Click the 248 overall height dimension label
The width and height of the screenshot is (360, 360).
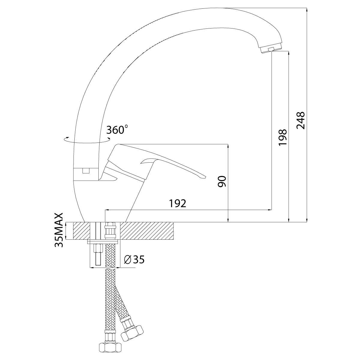(301, 120)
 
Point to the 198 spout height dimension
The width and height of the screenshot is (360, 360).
(282, 137)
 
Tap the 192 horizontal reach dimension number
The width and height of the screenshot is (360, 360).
(178, 203)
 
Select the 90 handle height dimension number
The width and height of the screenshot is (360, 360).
(222, 181)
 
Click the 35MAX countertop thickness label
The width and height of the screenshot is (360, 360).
(59, 230)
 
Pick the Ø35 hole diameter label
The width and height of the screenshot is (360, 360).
(134, 259)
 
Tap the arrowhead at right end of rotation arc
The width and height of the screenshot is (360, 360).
(109, 139)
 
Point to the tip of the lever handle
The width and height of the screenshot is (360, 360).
(205, 177)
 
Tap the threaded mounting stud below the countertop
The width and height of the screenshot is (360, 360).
(97, 254)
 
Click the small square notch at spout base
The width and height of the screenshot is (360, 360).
(86, 171)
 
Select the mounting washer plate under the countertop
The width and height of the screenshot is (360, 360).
(103, 242)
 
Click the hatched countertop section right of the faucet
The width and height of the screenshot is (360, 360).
(147, 231)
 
